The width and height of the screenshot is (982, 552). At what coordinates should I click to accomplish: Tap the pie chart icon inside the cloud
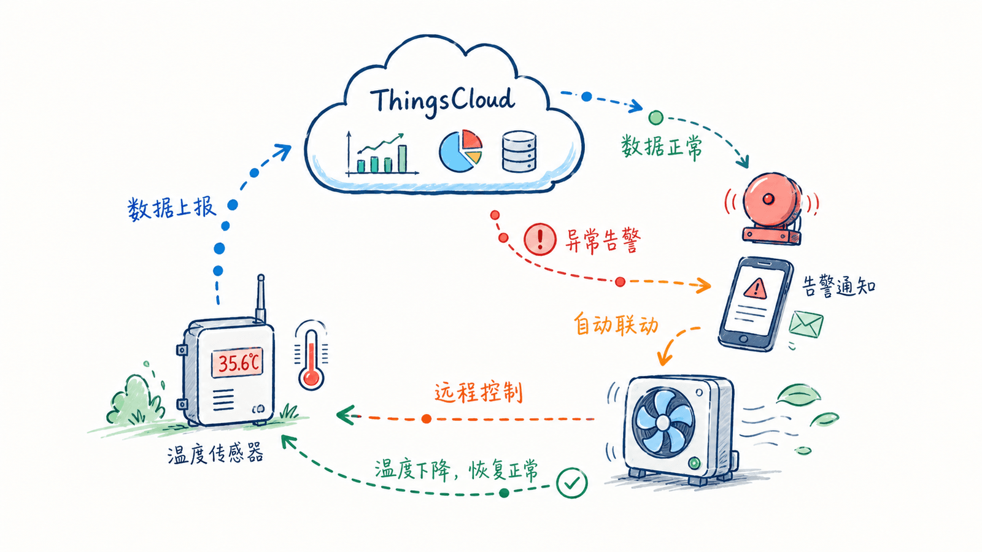pos(461,150)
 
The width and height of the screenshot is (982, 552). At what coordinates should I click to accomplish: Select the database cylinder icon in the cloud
pos(519,151)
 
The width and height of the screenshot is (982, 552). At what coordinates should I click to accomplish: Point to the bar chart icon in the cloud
pos(381,153)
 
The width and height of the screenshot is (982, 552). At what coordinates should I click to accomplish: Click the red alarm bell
pos(770,208)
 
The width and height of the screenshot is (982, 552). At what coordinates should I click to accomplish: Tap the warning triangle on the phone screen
pos(755,289)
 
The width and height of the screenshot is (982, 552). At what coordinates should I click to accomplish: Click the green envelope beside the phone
pos(806,324)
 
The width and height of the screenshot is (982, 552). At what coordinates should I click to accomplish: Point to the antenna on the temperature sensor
pos(260,299)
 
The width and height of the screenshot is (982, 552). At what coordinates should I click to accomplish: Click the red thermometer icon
pos(311,356)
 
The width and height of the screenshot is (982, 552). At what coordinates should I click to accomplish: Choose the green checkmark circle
pos(571,482)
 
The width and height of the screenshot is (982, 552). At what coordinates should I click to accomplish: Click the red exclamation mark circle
pos(540,239)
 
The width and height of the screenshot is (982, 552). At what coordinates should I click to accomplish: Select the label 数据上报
pos(172,208)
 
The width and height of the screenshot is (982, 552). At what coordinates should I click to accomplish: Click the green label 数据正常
pos(661,147)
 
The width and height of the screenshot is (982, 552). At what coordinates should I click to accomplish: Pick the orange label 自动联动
pos(616,324)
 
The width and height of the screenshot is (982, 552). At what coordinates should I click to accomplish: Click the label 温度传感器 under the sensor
pos(215,453)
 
